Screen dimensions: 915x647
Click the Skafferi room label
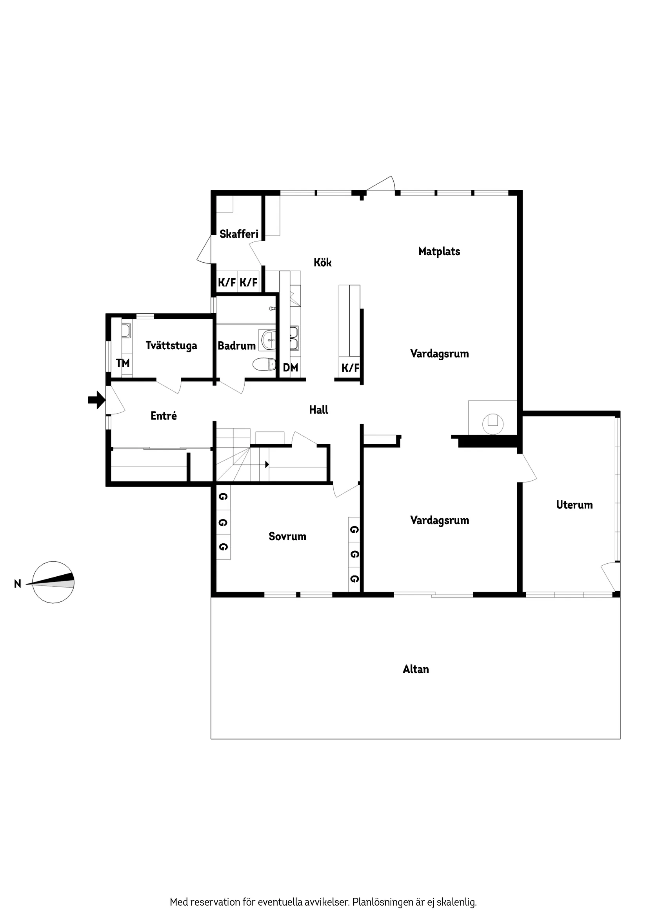(239, 234)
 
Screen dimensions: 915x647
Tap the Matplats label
(439, 251)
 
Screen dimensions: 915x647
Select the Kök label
(322, 262)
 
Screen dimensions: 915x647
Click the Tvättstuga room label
(171, 345)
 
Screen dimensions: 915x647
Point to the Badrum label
(236, 345)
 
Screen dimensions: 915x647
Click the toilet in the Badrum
(264, 364)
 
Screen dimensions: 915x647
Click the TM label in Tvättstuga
(123, 363)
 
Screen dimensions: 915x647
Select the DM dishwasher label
(290, 367)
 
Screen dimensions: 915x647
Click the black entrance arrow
(96, 400)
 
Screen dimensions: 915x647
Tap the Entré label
(164, 416)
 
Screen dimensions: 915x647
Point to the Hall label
(318, 410)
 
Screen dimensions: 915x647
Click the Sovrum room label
(287, 536)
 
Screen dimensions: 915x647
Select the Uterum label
(574, 505)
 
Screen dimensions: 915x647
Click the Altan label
(416, 669)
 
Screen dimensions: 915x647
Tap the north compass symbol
(53, 582)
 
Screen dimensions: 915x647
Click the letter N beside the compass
(18, 584)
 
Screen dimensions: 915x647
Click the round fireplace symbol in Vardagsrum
(493, 423)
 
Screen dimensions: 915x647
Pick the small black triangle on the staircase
(267, 464)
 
